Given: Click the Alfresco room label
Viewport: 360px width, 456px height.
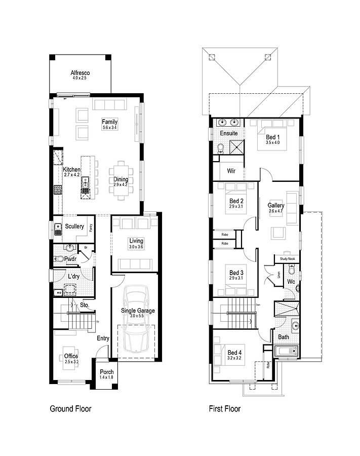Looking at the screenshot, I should [80, 73].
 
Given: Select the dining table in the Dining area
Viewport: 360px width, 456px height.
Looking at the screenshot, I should [121, 179].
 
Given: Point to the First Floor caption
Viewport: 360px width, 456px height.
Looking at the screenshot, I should [224, 408].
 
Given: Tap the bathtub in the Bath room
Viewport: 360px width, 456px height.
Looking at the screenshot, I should [287, 351].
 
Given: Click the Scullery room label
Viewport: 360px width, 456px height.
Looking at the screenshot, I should [74, 226].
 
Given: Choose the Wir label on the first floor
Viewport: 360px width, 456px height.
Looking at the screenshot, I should [231, 171].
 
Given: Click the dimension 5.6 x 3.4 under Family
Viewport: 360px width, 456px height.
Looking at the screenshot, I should [109, 128].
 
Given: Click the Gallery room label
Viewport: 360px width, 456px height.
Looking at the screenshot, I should [276, 205].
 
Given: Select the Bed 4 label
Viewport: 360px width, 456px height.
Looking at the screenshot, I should [234, 353].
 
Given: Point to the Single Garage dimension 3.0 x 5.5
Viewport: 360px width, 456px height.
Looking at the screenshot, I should [138, 316].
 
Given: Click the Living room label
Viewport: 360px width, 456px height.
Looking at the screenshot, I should [136, 241].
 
